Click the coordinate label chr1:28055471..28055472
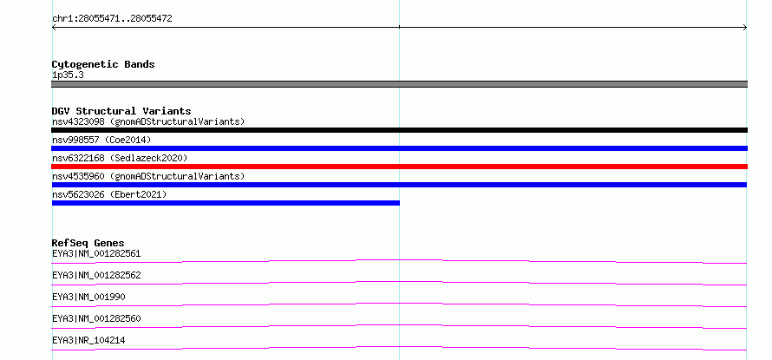click(x=112, y=19)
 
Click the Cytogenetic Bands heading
click(x=103, y=64)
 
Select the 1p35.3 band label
click(x=68, y=75)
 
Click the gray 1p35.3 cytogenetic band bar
click(x=399, y=84)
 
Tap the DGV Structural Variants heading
click(x=121, y=111)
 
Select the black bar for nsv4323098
click(x=399, y=130)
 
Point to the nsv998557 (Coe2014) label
click(x=101, y=140)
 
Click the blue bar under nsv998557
click(x=399, y=148)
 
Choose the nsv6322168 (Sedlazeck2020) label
click(x=120, y=158)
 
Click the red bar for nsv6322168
click(x=399, y=167)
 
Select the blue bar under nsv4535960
click(x=399, y=185)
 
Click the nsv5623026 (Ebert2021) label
click(x=109, y=194)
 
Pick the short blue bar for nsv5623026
click(x=226, y=203)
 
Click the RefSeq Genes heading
click(x=88, y=243)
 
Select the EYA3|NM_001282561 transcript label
click(x=96, y=254)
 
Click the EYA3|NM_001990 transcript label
click(x=88, y=297)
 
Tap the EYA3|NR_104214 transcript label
click(x=88, y=340)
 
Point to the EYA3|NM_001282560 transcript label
click(x=96, y=318)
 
